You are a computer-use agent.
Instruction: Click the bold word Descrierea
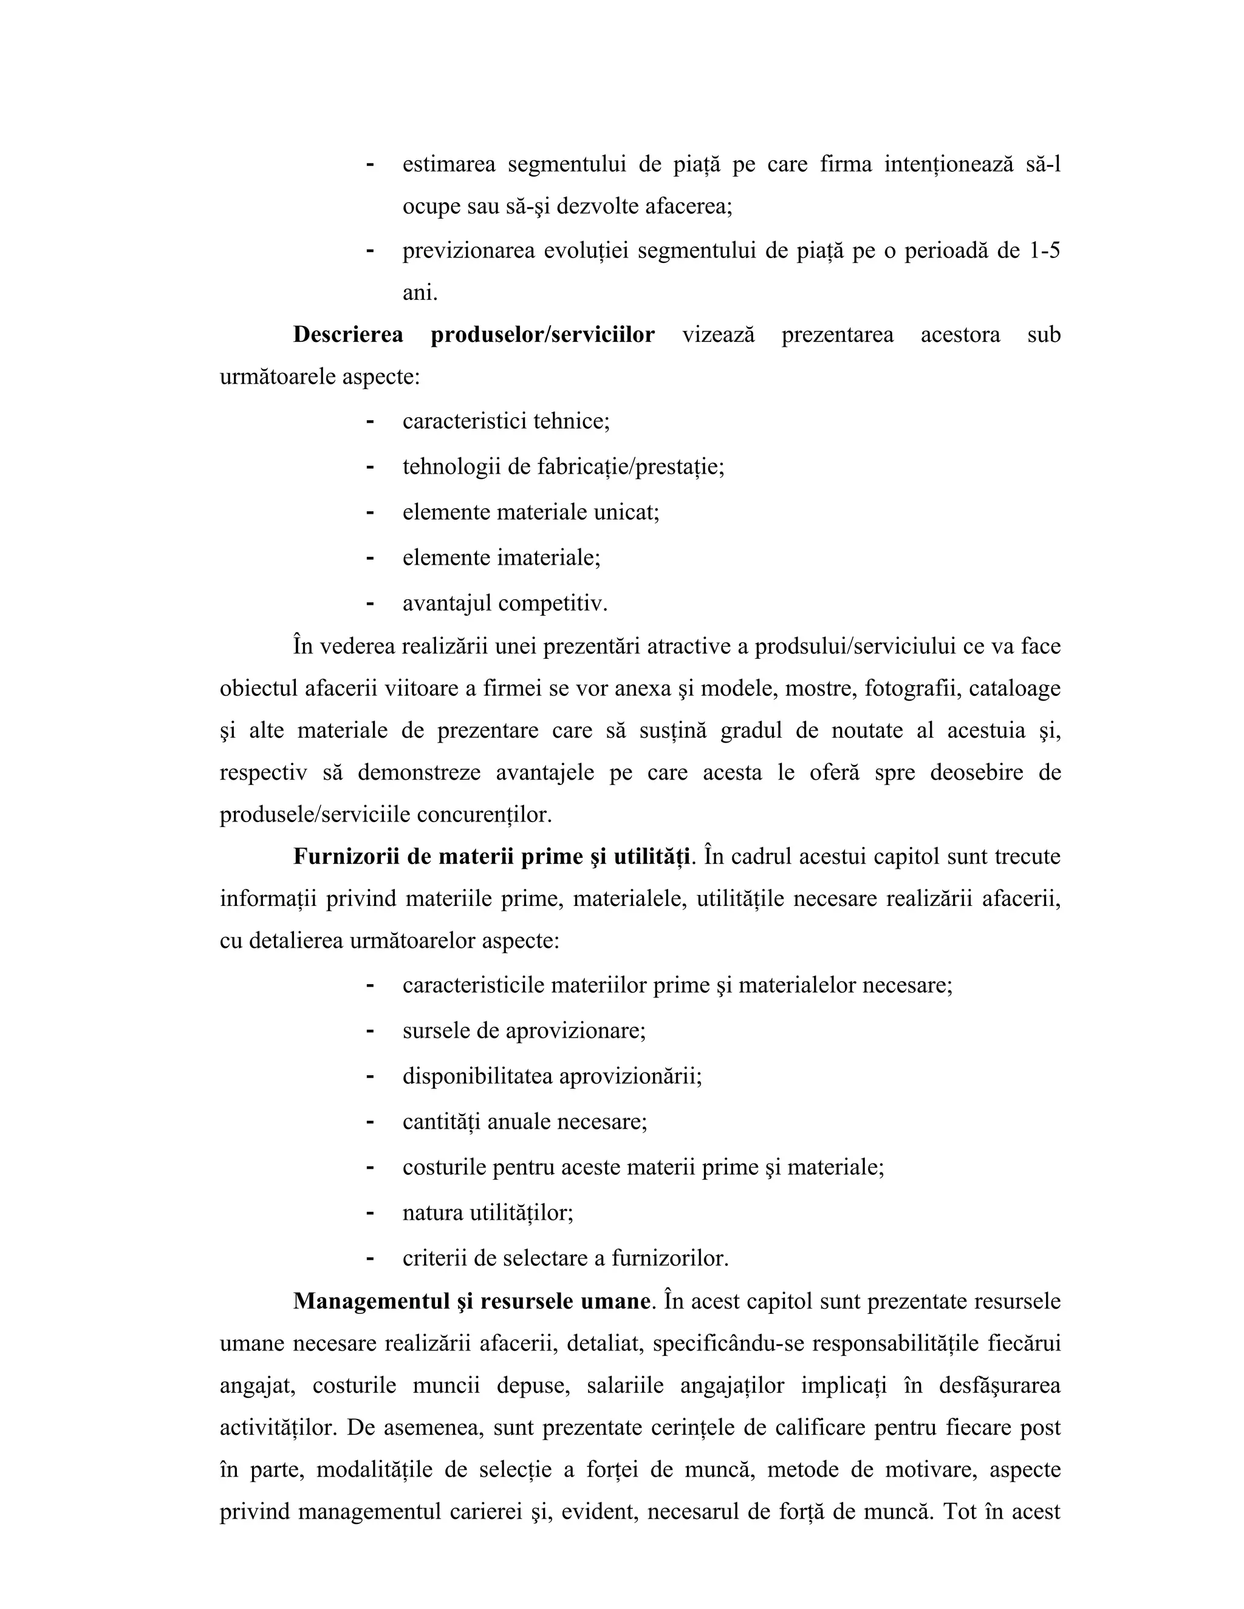point(348,335)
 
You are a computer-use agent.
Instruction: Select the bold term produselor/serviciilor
point(542,335)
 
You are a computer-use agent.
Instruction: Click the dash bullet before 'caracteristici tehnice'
point(370,421)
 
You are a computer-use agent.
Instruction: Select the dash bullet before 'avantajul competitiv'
point(370,604)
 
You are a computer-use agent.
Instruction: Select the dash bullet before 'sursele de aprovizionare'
point(370,1031)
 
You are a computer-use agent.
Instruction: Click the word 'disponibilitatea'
point(477,1077)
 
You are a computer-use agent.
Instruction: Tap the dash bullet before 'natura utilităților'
point(370,1213)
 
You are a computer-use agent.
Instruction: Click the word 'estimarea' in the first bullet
point(449,165)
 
